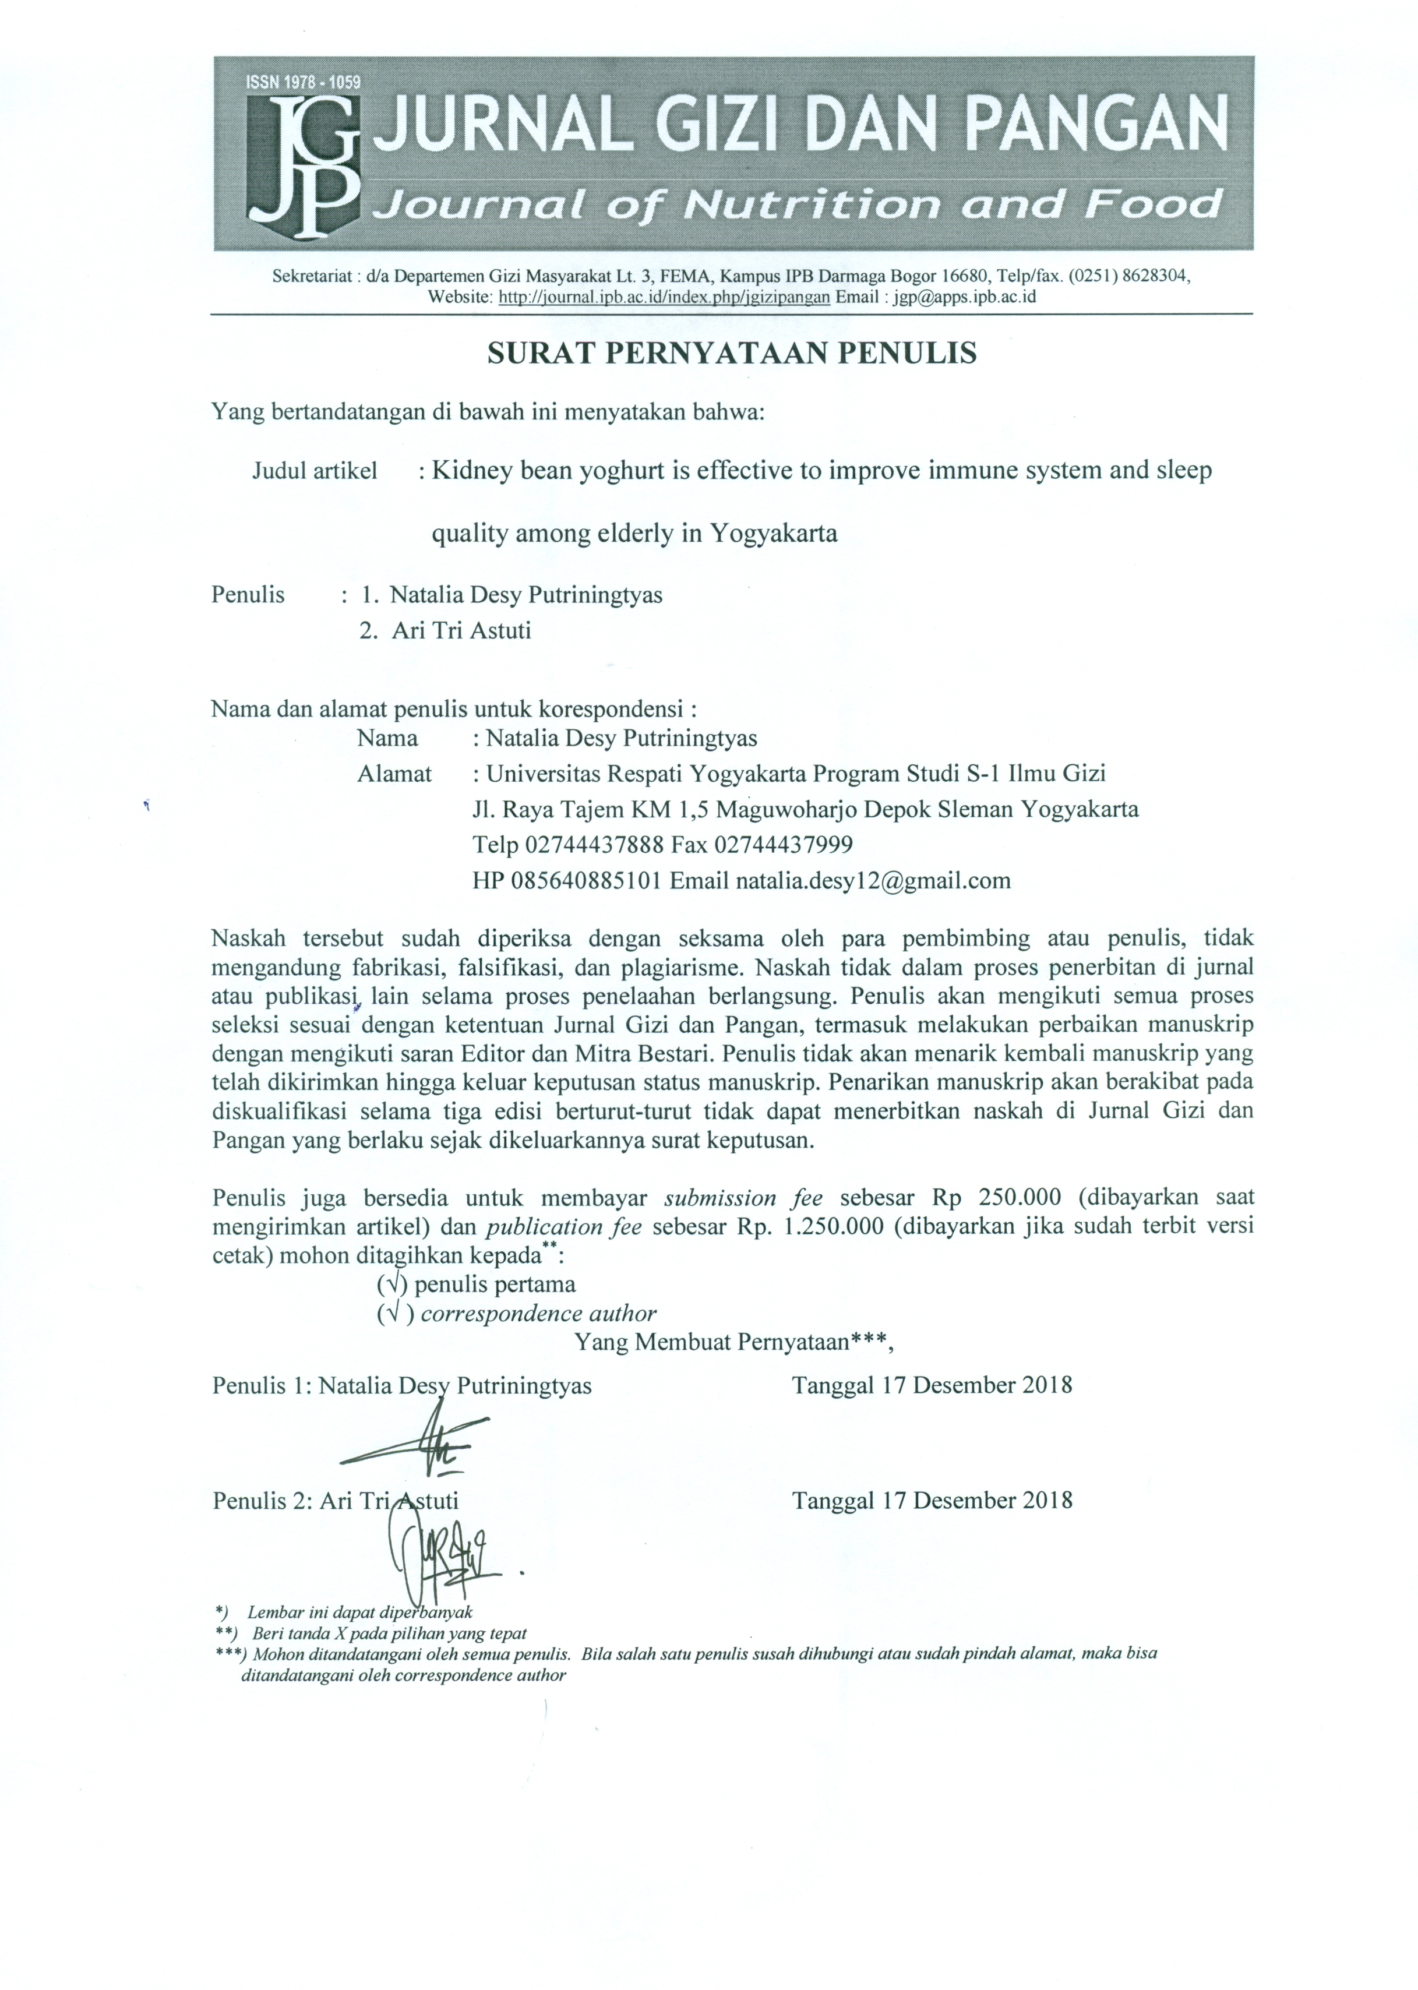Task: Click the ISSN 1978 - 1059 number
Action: (304, 83)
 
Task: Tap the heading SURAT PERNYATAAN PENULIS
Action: (732, 353)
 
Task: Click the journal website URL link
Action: (664, 297)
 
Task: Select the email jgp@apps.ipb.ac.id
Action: (961, 297)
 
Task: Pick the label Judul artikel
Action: (315, 471)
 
